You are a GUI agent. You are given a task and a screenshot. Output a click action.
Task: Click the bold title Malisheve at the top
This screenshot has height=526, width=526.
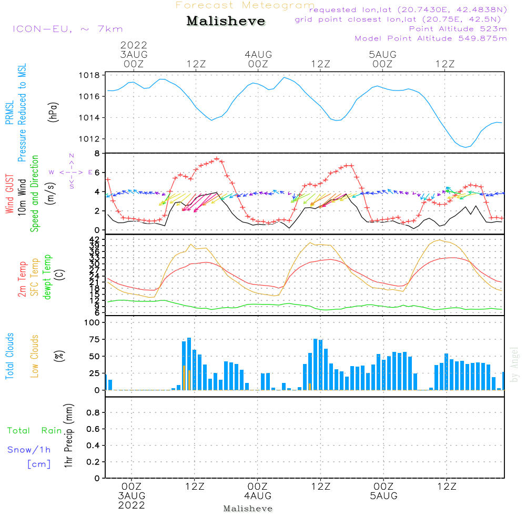point(226,22)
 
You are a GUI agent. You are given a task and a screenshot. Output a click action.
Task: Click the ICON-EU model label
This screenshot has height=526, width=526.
point(67,29)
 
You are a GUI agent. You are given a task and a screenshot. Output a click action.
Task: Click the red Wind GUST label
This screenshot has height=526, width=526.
point(9,195)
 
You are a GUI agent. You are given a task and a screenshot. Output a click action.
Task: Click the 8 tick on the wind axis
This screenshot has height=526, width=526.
point(97,154)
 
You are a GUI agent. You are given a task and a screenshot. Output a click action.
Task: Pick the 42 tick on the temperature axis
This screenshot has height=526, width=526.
point(94,239)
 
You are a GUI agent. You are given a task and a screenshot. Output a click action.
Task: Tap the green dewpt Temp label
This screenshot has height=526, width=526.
point(47,277)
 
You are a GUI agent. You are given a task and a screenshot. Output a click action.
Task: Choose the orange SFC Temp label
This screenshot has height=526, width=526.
point(35,277)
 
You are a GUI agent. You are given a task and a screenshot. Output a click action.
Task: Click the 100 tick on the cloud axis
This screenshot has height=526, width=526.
point(92,323)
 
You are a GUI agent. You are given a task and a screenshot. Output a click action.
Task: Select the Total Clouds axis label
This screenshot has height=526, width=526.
point(9,356)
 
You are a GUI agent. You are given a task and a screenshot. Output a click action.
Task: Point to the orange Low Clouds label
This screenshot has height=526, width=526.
point(35,356)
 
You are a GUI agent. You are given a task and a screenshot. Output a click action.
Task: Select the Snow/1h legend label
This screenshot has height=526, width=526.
point(29,450)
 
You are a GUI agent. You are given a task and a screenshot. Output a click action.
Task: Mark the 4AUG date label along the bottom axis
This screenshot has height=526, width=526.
point(258,496)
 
